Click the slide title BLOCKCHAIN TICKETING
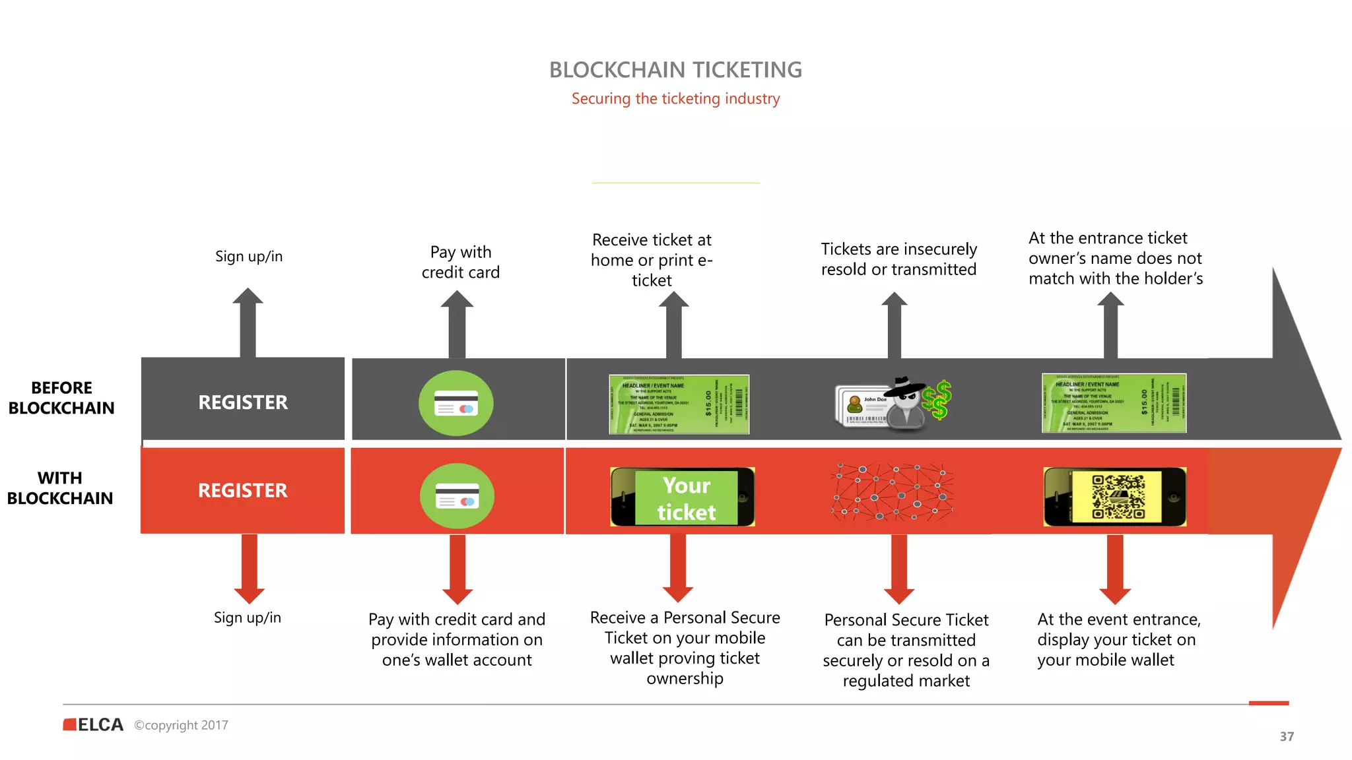675,70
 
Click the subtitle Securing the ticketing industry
675,99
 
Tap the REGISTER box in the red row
243,490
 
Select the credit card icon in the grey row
456,402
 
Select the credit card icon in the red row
457,496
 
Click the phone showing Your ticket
683,497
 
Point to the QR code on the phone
1118,497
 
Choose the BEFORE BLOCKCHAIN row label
61,398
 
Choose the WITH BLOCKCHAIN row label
60,488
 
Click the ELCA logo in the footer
94,724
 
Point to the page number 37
1287,736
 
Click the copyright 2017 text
182,725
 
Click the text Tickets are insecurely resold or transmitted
898,259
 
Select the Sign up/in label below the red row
248,617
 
